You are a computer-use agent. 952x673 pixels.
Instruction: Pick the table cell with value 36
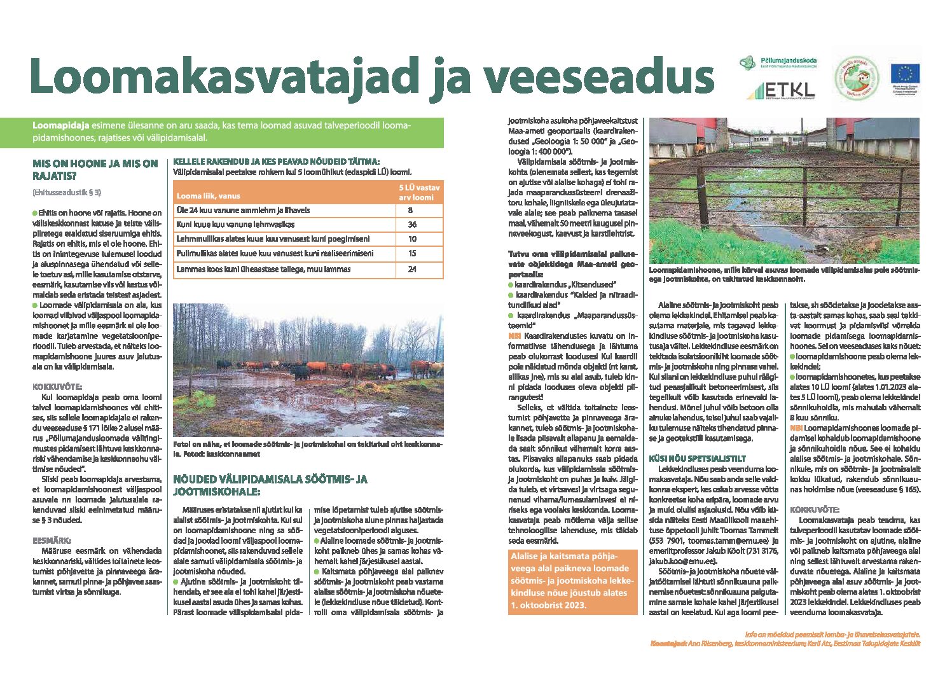click(412, 225)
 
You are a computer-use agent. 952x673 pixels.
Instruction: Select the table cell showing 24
click(412, 269)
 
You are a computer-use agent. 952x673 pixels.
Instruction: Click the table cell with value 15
click(412, 254)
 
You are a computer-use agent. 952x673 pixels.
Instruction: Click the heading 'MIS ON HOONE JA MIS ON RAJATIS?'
click(95, 170)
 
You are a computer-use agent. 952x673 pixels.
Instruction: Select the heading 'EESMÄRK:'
click(53, 541)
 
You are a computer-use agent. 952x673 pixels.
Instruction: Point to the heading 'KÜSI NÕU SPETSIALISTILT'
click(688, 458)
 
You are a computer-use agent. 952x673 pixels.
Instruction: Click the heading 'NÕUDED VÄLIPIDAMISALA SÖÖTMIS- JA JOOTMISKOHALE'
click(270, 485)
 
